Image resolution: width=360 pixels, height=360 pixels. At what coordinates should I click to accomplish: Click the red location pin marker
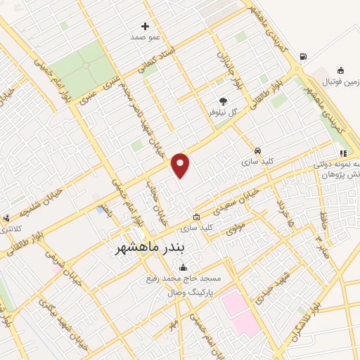click(181, 165)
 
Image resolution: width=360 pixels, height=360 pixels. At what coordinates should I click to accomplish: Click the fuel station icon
click(303, 57)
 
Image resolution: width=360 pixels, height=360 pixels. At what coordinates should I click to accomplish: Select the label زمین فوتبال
click(340, 82)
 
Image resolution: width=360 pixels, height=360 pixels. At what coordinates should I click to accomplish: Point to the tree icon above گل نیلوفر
click(224, 101)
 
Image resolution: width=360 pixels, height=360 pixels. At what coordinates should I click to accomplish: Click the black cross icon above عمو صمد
click(146, 26)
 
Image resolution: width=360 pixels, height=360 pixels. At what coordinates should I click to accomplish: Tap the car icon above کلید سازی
click(258, 152)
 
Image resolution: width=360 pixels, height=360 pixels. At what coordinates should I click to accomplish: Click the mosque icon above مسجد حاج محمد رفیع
click(184, 267)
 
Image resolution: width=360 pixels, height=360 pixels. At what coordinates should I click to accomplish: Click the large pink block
click(239, 311)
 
